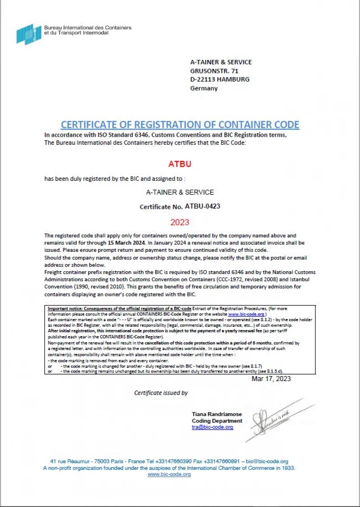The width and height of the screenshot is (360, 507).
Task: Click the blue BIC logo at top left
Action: click(x=29, y=34)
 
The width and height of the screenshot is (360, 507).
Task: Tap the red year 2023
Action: click(x=180, y=222)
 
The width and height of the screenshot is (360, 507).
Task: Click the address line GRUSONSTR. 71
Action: click(x=214, y=71)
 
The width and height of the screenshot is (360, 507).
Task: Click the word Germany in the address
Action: click(x=204, y=88)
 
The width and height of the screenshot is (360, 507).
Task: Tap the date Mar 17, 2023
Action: click(x=271, y=379)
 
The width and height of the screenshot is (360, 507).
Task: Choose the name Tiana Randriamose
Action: click(x=216, y=414)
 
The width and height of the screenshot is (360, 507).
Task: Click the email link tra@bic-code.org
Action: click(x=212, y=427)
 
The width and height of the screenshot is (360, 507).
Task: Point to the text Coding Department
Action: click(x=217, y=421)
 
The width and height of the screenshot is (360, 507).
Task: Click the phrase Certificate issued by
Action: click(x=161, y=393)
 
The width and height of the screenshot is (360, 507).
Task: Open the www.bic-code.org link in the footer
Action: click(x=169, y=474)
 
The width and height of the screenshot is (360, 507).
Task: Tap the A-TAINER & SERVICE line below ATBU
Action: click(x=180, y=192)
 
